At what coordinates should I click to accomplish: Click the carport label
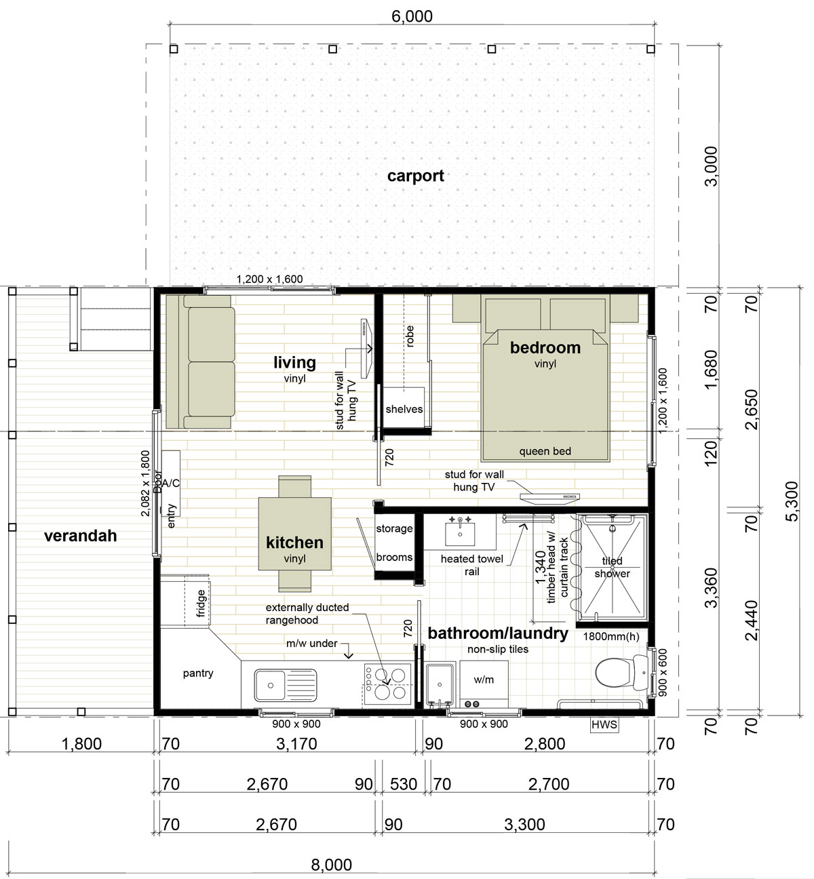tap(415, 176)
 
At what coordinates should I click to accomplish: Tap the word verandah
tap(81, 536)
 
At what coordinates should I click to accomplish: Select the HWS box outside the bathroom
tap(604, 724)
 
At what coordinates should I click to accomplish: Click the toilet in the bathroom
tap(621, 672)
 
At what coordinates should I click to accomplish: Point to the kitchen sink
tap(285, 685)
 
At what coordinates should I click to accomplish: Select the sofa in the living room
tap(200, 362)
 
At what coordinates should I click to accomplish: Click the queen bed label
tap(545, 451)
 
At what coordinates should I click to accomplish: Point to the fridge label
tap(201, 603)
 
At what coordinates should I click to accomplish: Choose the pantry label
tap(198, 673)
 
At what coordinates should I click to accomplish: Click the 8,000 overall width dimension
tap(331, 864)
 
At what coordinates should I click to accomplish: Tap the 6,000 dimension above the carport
tap(412, 16)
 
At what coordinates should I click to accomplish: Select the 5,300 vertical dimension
tap(792, 501)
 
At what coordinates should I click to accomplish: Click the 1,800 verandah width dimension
tap(81, 743)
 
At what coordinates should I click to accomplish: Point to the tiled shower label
tap(612, 567)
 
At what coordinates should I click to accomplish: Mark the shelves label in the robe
tap(404, 409)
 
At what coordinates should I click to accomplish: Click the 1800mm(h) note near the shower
tap(610, 636)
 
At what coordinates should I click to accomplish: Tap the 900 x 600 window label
tap(663, 672)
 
